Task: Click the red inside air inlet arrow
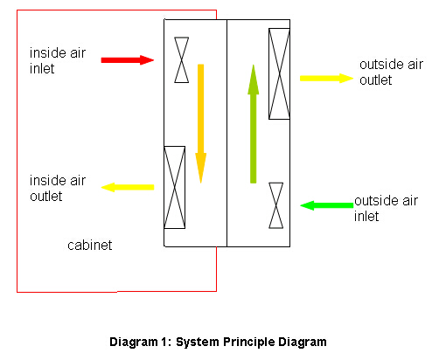[128, 60]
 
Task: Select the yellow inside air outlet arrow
[128, 187]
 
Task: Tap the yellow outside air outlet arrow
[326, 78]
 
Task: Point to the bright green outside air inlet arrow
[327, 205]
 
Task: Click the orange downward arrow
[200, 123]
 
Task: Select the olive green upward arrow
[253, 124]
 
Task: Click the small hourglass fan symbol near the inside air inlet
[181, 59]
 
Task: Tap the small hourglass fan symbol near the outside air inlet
[275, 205]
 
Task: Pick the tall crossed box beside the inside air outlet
[174, 187]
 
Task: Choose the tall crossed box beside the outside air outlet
[279, 73]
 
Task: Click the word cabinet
[89, 246]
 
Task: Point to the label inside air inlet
[58, 60]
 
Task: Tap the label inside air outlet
[58, 188]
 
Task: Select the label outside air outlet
[391, 72]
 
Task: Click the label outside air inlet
[386, 208]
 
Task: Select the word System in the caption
[197, 343]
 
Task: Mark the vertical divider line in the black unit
[226, 133]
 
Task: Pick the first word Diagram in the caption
[134, 343]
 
